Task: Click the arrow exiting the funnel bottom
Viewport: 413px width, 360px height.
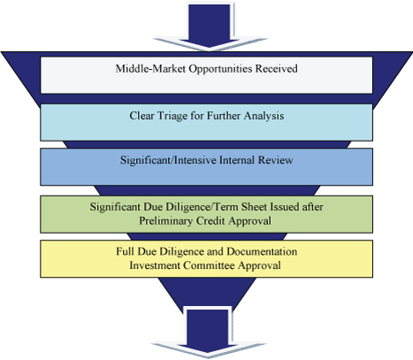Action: (208, 332)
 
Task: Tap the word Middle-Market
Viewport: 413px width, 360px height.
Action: (150, 69)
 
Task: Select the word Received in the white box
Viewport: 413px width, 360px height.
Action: (276, 69)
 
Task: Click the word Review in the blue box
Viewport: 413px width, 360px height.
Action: (276, 160)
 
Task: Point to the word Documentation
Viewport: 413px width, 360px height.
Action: (262, 251)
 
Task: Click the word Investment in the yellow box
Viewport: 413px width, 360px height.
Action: (155, 265)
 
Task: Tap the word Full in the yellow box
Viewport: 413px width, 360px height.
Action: (123, 251)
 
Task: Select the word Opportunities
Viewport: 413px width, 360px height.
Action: (220, 69)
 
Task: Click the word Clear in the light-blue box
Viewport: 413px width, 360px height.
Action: (141, 116)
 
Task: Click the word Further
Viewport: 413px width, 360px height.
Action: (224, 116)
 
